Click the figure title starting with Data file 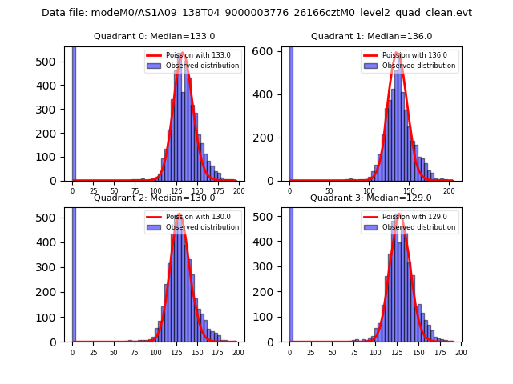point(256,13)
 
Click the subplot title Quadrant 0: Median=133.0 point(154,36)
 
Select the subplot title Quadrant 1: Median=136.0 point(371,36)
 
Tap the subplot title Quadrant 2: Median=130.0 point(154,198)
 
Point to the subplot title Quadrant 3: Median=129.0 point(371,198)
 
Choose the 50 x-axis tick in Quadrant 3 point(333,350)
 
